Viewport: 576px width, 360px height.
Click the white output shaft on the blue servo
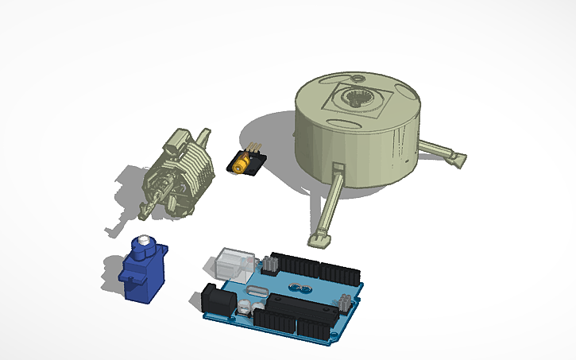pos(143,241)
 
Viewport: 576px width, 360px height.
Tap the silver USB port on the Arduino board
pos(231,261)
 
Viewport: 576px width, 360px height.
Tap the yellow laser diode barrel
pos(239,165)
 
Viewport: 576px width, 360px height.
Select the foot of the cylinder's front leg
pos(319,237)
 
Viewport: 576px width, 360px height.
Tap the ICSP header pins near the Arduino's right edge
pos(346,302)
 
